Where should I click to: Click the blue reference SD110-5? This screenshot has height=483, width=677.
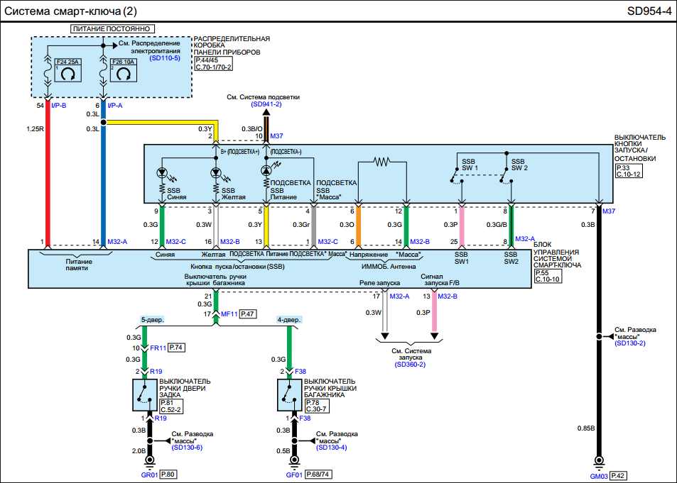(165, 58)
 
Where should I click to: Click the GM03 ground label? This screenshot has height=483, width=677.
(599, 476)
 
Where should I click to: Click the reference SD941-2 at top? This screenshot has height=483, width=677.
(266, 104)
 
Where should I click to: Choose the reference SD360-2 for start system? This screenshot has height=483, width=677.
(410, 364)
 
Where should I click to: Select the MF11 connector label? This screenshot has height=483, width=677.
(228, 313)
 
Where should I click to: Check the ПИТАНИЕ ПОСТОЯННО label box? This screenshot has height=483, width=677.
(112, 28)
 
